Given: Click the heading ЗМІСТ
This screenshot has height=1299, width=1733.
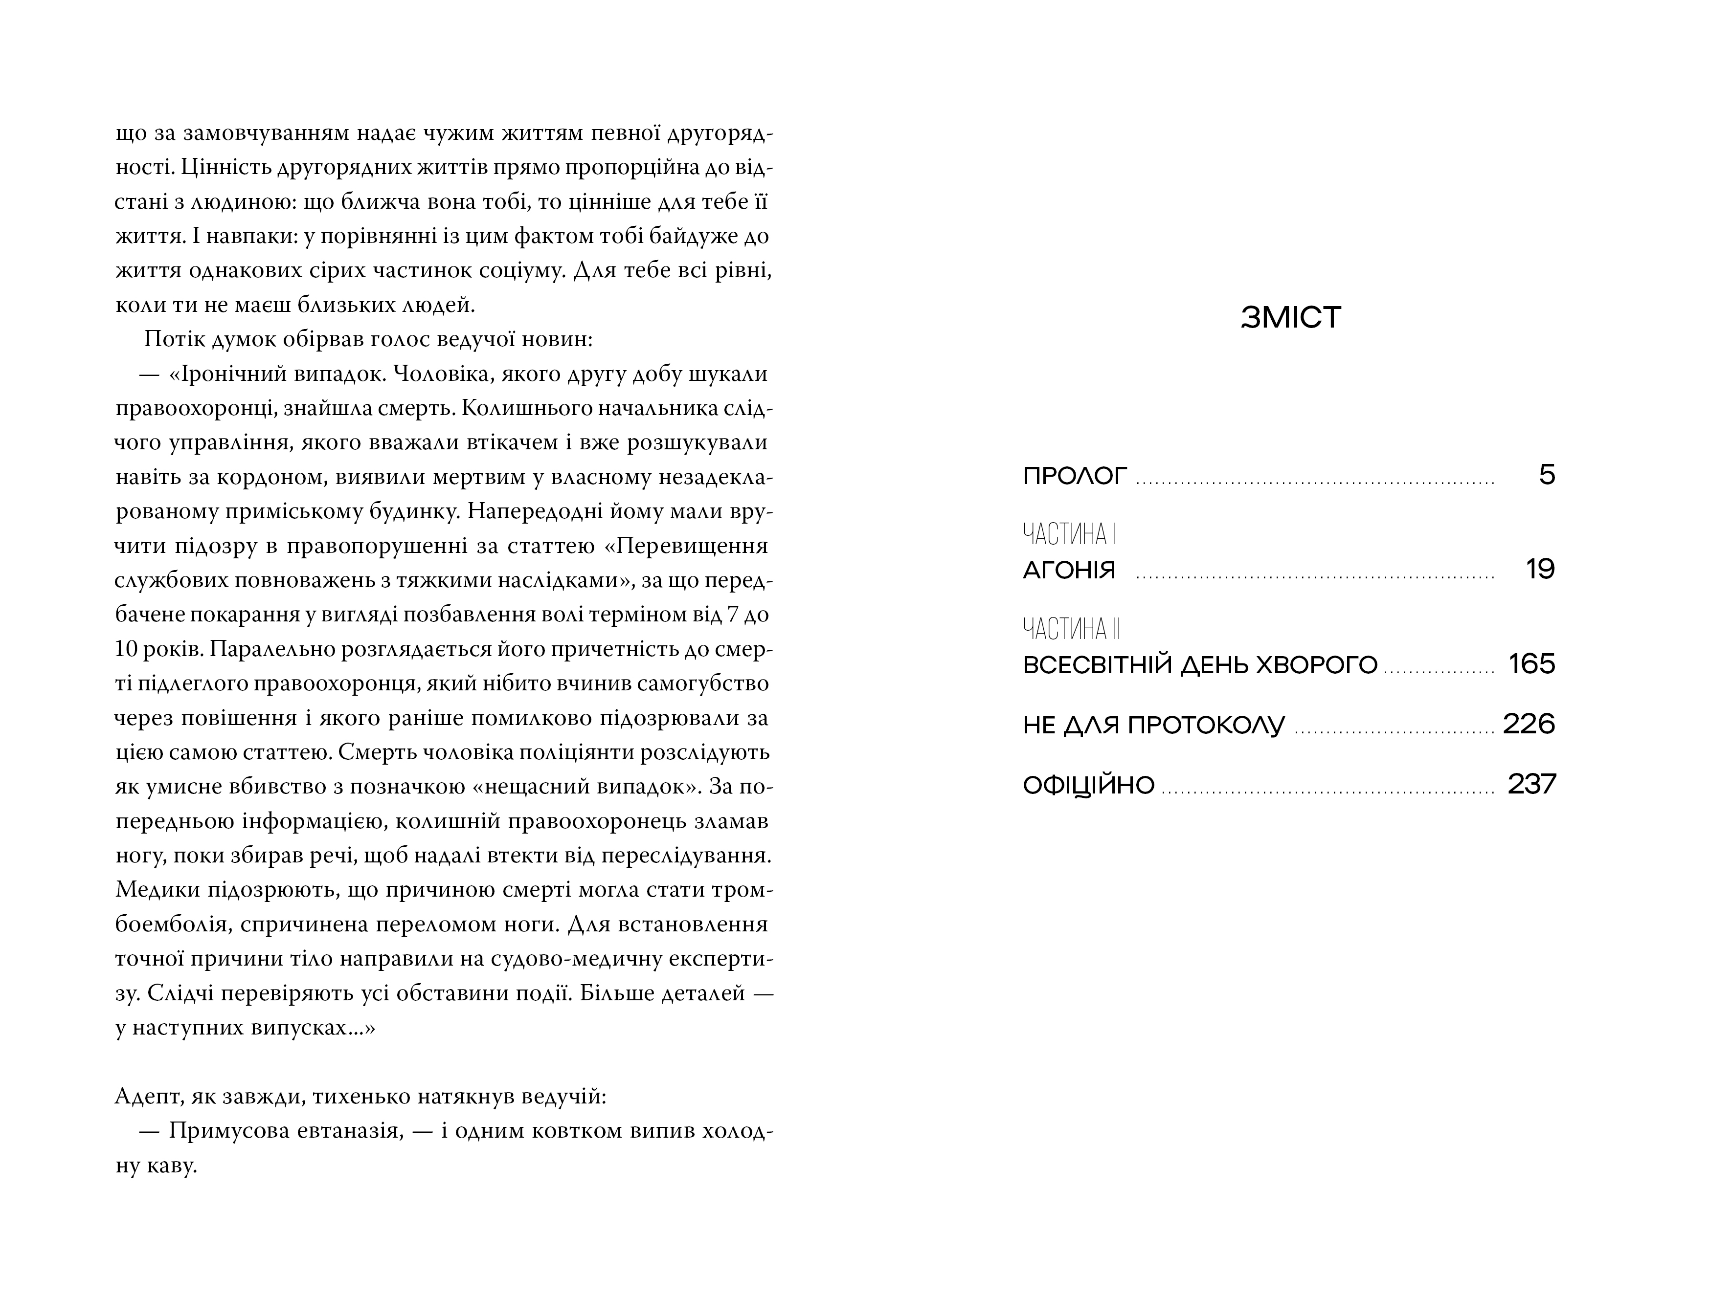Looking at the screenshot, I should coord(1291,317).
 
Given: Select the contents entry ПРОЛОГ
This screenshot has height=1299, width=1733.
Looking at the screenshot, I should coord(1075,476).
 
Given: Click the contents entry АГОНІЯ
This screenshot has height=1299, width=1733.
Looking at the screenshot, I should coord(1069,570).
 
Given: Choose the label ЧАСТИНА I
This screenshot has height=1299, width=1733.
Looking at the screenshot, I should coord(1069,535).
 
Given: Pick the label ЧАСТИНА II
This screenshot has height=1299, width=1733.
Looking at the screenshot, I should coord(1072,629).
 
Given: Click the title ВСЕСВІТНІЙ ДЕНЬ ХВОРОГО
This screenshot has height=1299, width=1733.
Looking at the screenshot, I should coord(1199,665).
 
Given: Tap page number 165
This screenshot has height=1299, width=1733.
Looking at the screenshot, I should coord(1531,664).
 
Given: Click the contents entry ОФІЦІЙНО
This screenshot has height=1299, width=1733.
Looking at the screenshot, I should coord(1088,785).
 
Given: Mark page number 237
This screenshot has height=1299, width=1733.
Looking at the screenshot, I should coord(1531,784).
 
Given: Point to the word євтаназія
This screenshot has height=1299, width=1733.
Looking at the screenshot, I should coord(353,1131).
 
